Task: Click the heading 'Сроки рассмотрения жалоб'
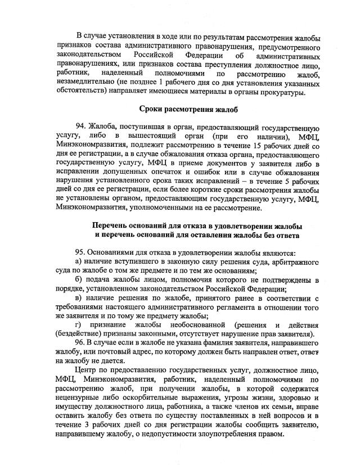(181, 108)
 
